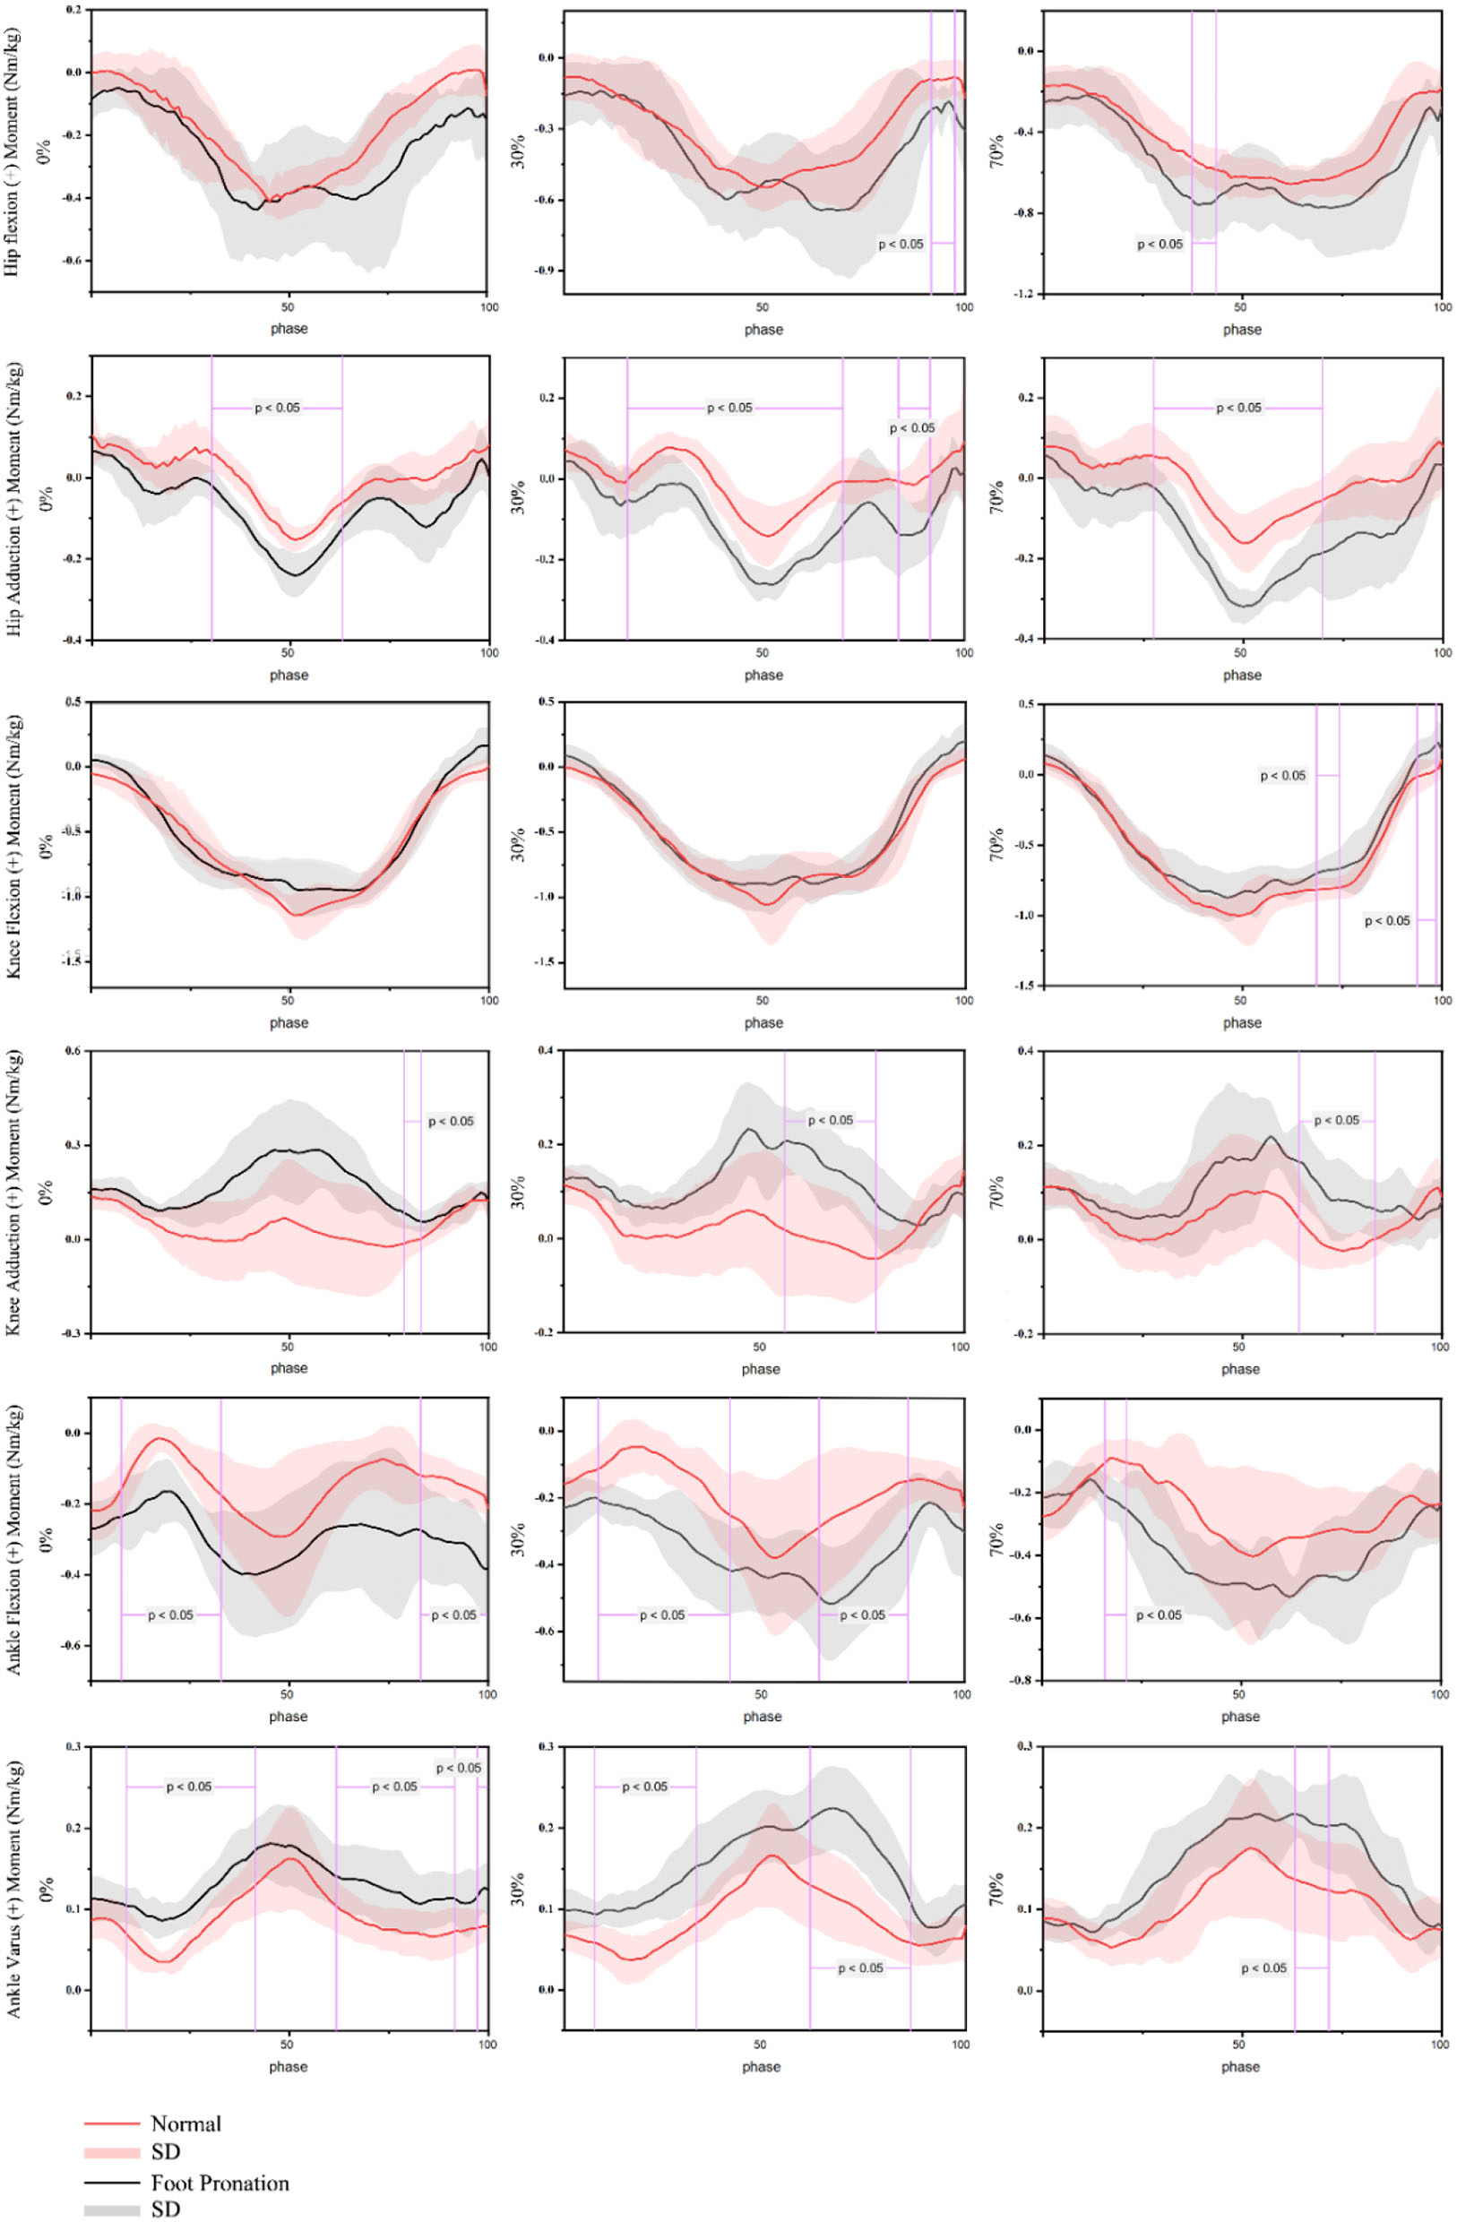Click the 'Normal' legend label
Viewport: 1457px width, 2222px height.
[185, 2123]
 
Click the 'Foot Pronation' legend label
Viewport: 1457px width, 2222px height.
[220, 2183]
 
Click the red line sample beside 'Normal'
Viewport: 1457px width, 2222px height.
[111, 2123]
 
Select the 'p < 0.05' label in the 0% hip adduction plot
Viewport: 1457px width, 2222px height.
[278, 408]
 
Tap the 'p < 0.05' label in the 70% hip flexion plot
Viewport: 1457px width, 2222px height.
[1160, 244]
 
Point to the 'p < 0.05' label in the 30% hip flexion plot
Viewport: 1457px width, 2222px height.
[901, 244]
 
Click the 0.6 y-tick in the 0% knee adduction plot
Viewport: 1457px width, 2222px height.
[73, 1050]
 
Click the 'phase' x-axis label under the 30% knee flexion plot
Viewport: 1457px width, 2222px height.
[763, 1022]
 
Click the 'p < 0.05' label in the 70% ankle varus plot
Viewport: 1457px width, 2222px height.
[1263, 1942]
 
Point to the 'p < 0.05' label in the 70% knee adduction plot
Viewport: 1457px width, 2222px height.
[1335, 1120]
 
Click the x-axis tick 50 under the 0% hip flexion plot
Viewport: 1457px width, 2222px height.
[289, 307]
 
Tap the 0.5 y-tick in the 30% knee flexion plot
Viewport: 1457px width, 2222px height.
[547, 702]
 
